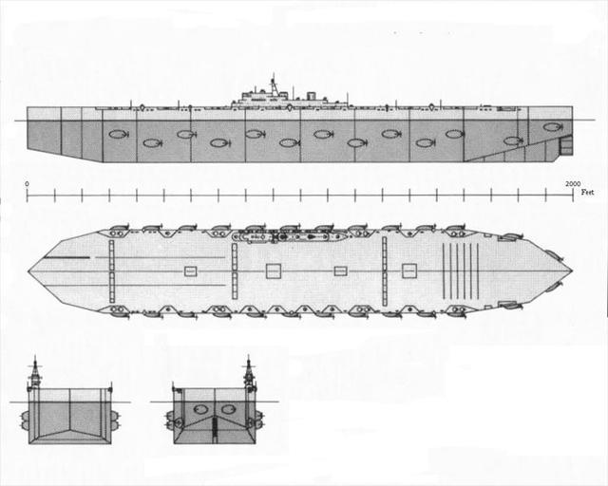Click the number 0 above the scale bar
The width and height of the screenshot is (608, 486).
point(27,184)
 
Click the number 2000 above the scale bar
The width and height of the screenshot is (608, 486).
point(573,184)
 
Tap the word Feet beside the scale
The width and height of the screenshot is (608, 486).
point(587,193)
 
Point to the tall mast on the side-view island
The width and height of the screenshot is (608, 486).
point(274,84)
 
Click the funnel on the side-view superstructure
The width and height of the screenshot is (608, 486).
point(311,96)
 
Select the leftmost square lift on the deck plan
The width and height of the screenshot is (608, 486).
point(190,271)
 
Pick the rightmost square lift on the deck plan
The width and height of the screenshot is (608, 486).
point(409,271)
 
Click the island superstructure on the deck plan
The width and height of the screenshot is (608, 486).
point(288,236)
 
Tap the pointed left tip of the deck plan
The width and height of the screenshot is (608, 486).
point(28,271)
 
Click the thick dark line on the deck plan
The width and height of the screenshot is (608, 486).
point(66,257)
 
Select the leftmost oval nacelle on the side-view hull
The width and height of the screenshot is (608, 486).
point(118,135)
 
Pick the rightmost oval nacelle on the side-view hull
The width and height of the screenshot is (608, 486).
point(552,127)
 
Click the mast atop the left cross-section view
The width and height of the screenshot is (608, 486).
point(36,371)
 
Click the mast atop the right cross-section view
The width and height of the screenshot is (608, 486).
point(249,371)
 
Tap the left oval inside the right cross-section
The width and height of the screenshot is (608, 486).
point(200,409)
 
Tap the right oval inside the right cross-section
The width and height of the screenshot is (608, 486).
point(228,409)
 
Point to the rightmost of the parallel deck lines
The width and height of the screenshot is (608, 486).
point(478,271)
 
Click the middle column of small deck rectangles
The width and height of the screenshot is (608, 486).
point(235,271)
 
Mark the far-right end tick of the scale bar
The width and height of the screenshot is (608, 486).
point(573,195)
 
